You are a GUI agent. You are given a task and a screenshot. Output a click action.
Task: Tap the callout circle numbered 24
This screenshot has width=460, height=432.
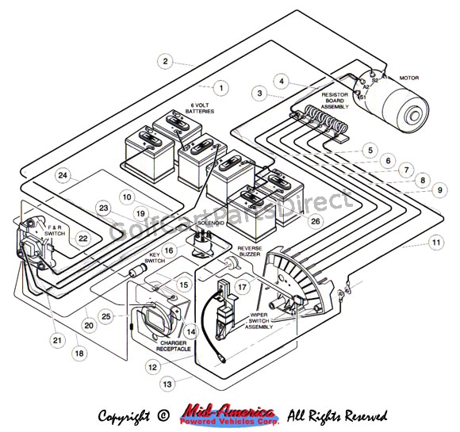(63, 175)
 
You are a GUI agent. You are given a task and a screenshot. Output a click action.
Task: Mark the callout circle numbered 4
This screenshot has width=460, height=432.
(282, 80)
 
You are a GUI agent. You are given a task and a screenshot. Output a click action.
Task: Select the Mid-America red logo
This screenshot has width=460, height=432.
(228, 415)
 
